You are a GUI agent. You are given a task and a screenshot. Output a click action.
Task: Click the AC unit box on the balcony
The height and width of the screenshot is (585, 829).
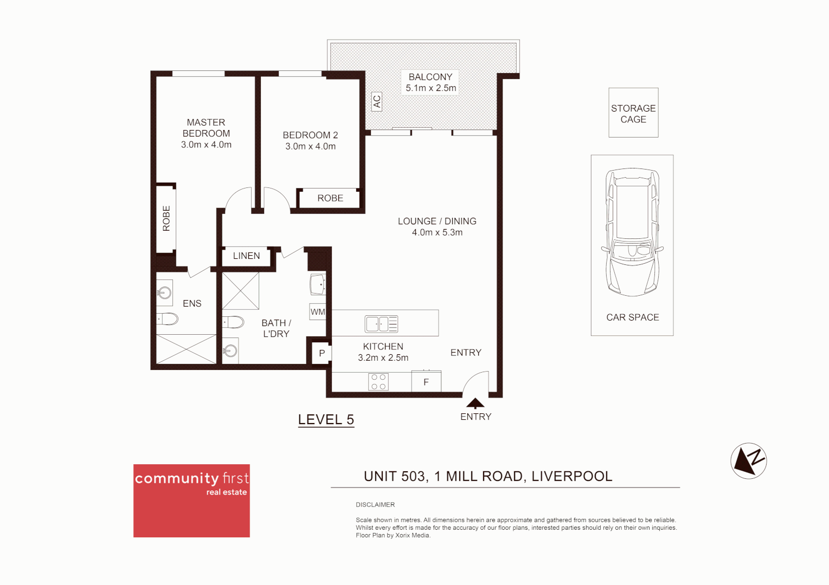pyautogui.click(x=377, y=101)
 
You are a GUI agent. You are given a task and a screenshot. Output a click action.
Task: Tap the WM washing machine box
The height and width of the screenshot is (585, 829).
pyautogui.click(x=318, y=312)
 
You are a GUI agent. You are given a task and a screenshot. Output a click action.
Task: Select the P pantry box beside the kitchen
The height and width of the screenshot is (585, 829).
pyautogui.click(x=322, y=353)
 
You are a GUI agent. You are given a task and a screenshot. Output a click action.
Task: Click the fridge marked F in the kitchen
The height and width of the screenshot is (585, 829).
pyautogui.click(x=426, y=382)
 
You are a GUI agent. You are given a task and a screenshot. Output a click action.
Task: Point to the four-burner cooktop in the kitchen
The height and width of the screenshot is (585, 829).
pyautogui.click(x=378, y=382)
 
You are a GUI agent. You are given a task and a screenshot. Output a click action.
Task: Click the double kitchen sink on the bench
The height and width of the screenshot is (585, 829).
pyautogui.click(x=381, y=324)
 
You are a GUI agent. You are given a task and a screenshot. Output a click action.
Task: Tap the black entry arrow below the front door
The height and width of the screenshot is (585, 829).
pyautogui.click(x=475, y=403)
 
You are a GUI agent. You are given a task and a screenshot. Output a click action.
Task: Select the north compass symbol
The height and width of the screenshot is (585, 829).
pyautogui.click(x=748, y=461)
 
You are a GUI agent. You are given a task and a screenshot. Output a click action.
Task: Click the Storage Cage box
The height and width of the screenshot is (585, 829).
pyautogui.click(x=633, y=113)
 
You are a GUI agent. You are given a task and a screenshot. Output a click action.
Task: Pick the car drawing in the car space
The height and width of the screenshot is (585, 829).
pyautogui.click(x=632, y=233)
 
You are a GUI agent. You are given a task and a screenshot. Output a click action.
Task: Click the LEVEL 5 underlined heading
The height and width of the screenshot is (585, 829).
pyautogui.click(x=326, y=420)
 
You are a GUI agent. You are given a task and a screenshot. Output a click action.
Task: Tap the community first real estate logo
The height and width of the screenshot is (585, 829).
pyautogui.click(x=191, y=500)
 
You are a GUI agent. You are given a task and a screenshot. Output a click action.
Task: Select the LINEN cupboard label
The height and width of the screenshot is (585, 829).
pyautogui.click(x=246, y=256)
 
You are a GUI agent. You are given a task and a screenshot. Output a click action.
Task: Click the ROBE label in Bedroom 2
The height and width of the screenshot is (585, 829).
pyautogui.click(x=330, y=198)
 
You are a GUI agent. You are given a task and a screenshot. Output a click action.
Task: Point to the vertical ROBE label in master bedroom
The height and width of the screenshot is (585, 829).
pyautogui.click(x=166, y=218)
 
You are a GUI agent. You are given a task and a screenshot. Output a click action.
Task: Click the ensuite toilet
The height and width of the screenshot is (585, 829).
pyautogui.click(x=168, y=319)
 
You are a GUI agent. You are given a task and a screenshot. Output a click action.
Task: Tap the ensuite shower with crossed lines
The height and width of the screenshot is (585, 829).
pyautogui.click(x=186, y=349)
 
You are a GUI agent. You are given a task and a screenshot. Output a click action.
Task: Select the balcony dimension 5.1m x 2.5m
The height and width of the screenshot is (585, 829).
pyautogui.click(x=431, y=88)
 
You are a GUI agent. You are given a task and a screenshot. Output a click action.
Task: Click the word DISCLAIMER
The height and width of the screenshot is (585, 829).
pyautogui.click(x=375, y=505)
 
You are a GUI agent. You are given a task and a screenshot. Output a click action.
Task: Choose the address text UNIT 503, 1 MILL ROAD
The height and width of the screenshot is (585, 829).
pyautogui.click(x=487, y=476)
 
